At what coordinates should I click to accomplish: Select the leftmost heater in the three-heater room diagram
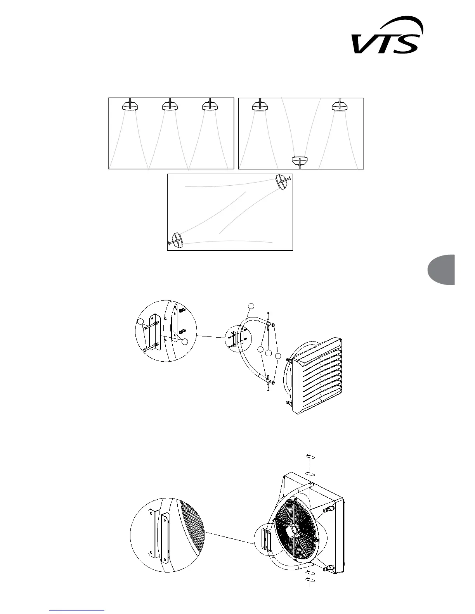point(130,105)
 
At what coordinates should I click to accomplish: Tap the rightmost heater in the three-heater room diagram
point(210,105)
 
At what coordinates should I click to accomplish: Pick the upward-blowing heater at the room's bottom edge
point(300,160)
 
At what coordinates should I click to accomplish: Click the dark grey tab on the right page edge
point(442,270)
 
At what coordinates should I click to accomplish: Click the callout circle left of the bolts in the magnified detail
point(140,321)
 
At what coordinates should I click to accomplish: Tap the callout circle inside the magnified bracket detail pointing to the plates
point(185,341)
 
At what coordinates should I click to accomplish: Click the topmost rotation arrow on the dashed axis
point(310,456)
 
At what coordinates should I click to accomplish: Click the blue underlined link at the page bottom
point(77,610)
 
